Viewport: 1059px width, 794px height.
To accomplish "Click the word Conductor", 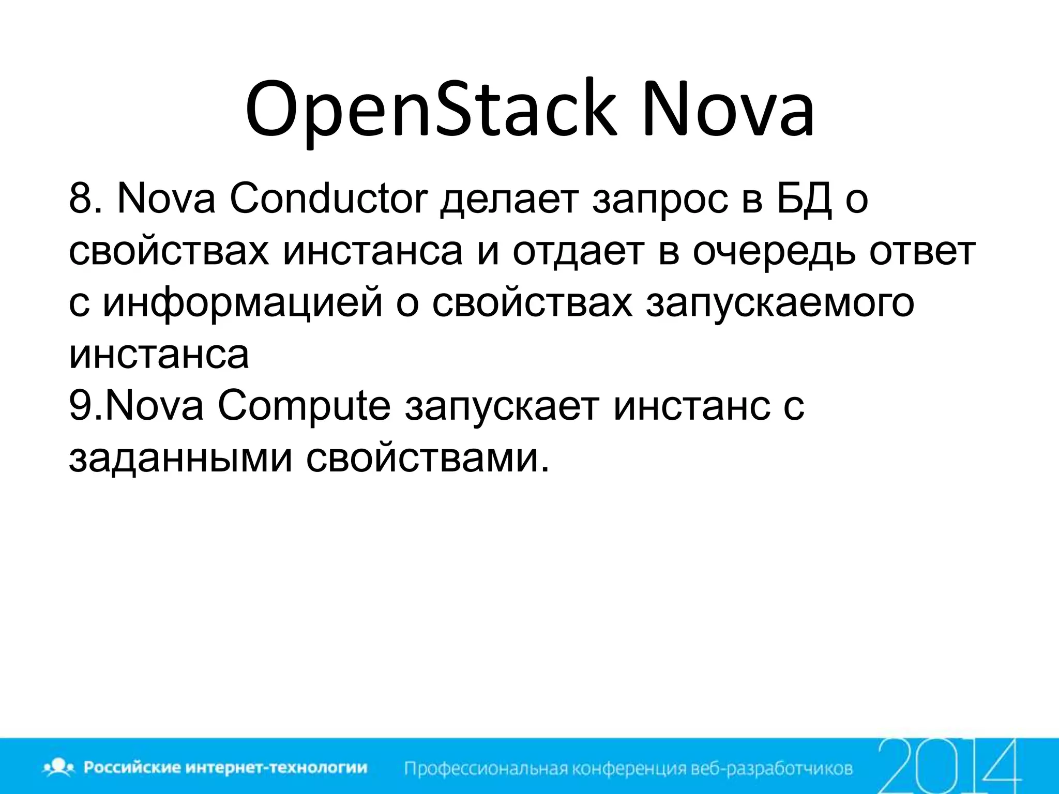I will coord(329,199).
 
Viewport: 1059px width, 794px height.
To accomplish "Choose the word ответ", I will coord(922,252).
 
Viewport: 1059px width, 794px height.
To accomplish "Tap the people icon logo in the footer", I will coord(60,767).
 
